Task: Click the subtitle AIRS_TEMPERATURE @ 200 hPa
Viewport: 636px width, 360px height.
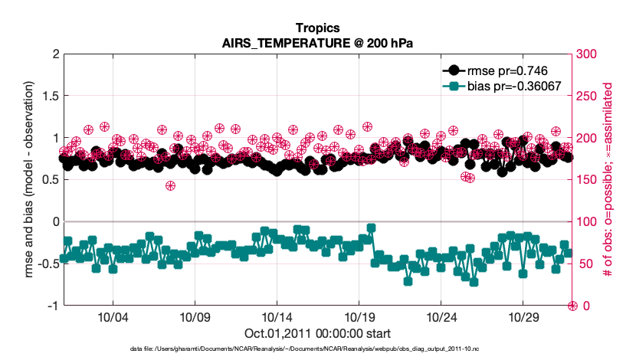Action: point(317,43)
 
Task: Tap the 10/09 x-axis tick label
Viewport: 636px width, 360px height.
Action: point(195,317)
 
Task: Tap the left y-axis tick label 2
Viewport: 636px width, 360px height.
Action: point(55,54)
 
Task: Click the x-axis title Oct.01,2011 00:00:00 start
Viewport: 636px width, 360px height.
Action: point(317,333)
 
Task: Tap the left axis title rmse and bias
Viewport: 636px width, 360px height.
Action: point(28,180)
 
